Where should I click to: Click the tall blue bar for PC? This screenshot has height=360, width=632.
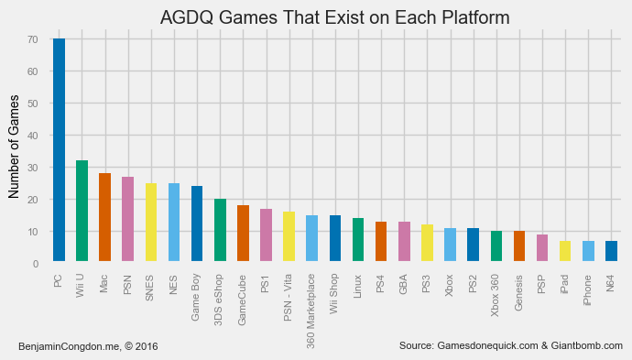59,151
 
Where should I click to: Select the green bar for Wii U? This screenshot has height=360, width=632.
82,212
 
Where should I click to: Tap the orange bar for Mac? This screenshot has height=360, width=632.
104,218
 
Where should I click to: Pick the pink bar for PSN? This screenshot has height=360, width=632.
127,220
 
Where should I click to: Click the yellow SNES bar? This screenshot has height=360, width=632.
151,223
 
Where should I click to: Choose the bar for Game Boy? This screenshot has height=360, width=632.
197,224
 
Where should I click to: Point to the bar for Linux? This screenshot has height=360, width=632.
358,240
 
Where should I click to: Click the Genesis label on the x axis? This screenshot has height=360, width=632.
519,293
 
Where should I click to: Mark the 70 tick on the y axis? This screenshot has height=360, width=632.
32,39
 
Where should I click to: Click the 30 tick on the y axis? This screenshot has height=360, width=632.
32,168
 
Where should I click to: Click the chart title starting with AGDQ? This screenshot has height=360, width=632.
334,17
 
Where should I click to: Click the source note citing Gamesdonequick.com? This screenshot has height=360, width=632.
511,345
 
